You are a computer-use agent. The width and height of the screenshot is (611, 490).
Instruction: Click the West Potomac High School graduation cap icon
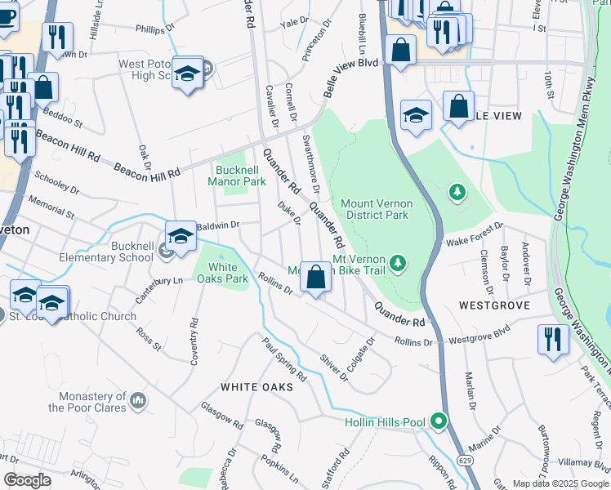[x=187, y=75]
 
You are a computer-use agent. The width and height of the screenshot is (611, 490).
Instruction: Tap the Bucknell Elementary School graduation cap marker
[x=181, y=237]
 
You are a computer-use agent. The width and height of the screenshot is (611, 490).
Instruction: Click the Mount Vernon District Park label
[x=375, y=209]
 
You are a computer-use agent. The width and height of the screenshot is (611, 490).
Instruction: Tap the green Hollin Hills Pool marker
[x=439, y=421]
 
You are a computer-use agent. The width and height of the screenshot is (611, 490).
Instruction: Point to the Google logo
[x=27, y=480]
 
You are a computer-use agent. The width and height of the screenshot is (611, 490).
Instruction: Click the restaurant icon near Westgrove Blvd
[x=553, y=338]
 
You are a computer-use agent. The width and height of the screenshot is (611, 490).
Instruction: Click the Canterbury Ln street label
[x=159, y=287]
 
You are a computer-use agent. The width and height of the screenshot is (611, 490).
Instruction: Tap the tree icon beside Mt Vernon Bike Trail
[x=397, y=262]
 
